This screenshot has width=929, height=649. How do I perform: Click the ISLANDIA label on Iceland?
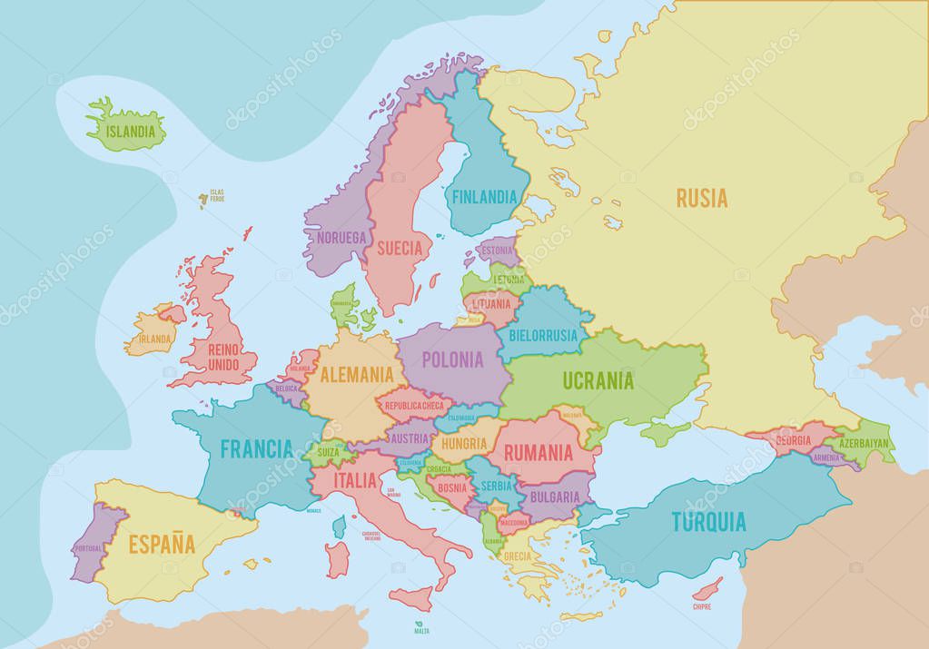129,131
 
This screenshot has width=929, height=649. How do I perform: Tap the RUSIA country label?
701,198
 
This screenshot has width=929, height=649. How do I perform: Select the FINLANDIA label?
485,196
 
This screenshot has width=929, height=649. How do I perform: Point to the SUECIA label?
400,247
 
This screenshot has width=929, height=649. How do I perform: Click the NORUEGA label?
342,238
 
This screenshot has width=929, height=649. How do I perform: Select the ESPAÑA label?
161,545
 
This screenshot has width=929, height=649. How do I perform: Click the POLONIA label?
452,359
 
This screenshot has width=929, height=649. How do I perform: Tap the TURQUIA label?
708,522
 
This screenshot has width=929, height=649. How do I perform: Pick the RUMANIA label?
538,450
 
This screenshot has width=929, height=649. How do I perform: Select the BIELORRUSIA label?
543,335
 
